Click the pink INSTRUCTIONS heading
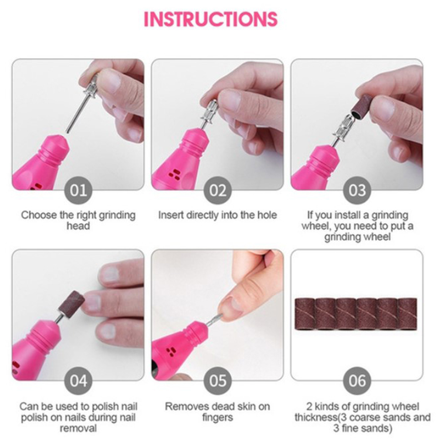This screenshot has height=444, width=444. [x=211, y=19]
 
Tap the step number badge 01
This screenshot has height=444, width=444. [x=78, y=190]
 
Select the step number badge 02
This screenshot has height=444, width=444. [x=218, y=190]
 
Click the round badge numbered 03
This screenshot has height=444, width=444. [x=357, y=190]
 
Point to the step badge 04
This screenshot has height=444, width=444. [x=78, y=381]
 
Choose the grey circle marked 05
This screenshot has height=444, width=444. [x=218, y=381]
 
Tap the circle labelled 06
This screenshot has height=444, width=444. [x=357, y=381]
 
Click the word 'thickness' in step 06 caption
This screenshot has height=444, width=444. [x=315, y=417]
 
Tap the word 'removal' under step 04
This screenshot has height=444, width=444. [x=78, y=428]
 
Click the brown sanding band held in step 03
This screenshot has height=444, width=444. [x=362, y=105]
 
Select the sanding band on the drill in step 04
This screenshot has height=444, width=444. [x=72, y=302]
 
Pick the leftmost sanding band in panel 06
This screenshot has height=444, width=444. [x=305, y=314]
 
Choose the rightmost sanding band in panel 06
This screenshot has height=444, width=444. [x=407, y=314]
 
